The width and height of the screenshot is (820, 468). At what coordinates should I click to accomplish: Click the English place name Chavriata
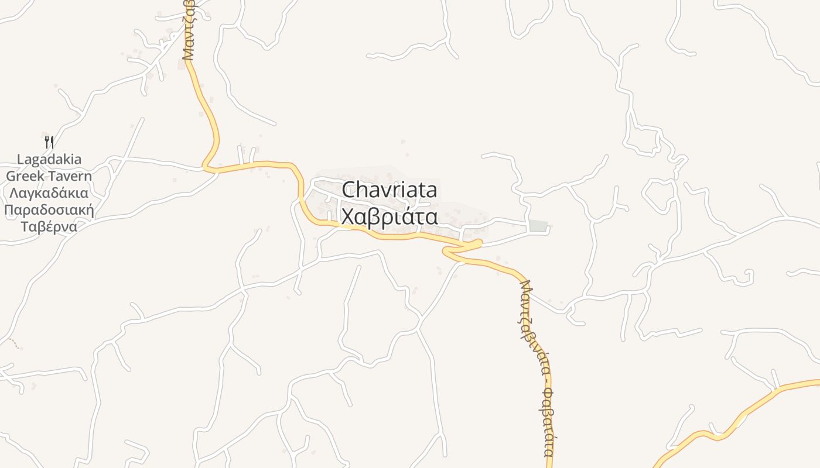(389, 190)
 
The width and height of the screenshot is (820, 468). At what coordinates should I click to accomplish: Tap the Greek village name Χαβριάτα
(389, 216)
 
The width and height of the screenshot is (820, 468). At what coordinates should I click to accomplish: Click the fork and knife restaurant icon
(49, 142)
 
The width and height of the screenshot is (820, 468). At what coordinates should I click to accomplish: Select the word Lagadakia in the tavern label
(49, 159)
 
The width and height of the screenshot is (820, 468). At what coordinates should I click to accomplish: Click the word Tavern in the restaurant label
(71, 176)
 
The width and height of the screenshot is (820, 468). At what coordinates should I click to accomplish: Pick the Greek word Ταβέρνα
(49, 226)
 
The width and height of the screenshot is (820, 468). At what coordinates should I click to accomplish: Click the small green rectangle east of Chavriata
(538, 226)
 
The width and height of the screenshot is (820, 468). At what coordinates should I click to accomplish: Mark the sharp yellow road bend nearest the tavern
(206, 167)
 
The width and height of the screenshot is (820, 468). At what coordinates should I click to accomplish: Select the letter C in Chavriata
(349, 190)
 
